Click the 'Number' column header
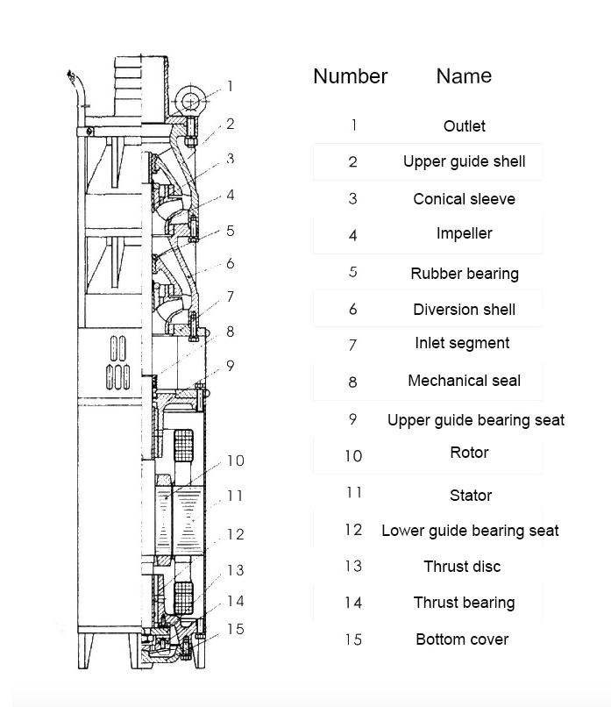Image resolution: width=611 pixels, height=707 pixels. point(350,76)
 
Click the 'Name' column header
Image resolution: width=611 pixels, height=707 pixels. point(464,76)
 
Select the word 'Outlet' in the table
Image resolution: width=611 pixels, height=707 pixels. point(464,126)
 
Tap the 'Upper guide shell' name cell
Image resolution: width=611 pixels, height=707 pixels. point(464,161)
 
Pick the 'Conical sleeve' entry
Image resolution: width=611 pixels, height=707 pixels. point(464,199)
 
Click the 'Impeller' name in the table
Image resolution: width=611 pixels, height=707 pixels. point(464,233)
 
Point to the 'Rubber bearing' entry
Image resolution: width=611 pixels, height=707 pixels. point(464,274)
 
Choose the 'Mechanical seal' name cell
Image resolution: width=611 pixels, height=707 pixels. point(464,381)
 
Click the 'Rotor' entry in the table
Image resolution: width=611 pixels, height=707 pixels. point(469,453)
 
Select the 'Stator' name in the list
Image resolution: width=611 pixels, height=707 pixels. point(471,496)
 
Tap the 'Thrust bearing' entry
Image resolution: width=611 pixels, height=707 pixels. point(464,603)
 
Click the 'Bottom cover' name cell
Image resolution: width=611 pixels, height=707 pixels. point(462,639)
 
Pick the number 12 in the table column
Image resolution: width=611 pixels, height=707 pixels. point(352,529)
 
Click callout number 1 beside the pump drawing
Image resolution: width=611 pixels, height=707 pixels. point(231,86)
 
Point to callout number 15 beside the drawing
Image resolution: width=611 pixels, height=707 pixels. point(235,629)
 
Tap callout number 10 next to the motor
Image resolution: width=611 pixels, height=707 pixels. point(235,461)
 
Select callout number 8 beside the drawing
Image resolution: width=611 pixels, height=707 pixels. point(231,332)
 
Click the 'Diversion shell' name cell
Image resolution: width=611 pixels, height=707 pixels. point(464,310)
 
